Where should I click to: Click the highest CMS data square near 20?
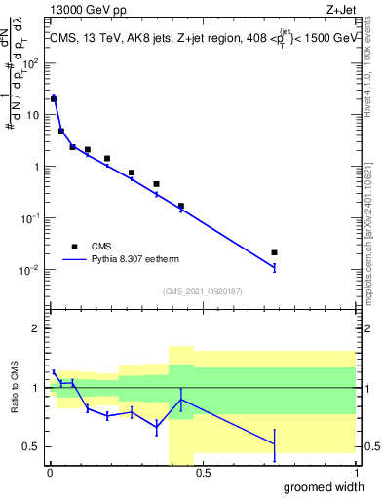[x=54, y=98]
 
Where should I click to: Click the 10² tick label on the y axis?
[x=32, y=63]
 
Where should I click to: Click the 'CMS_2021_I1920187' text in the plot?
[x=202, y=291]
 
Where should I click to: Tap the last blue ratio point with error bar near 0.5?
[x=275, y=444]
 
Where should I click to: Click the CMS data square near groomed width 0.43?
[x=181, y=206]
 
